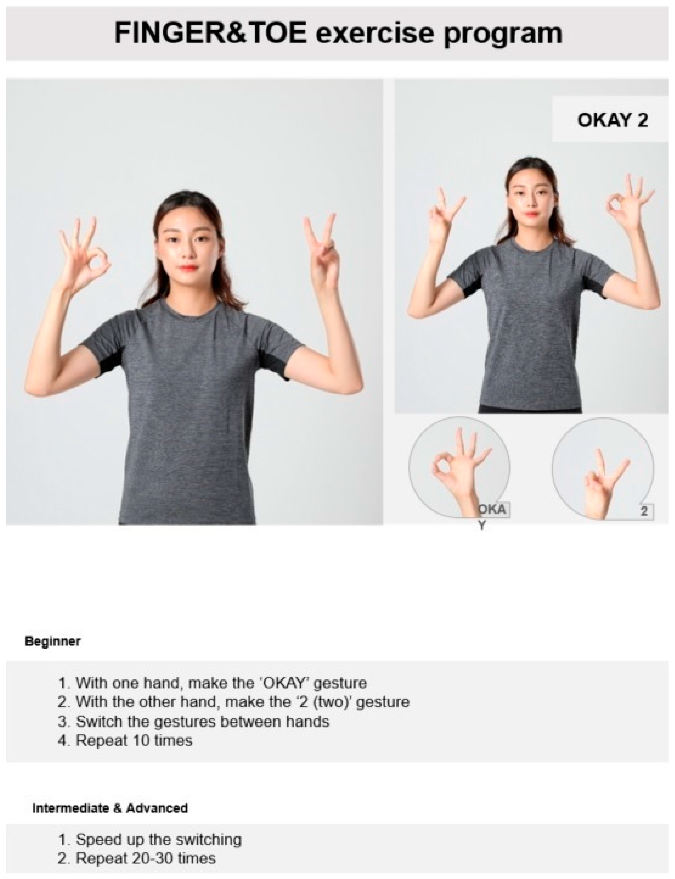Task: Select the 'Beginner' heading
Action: click(53, 641)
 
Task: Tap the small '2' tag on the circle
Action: click(644, 512)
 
